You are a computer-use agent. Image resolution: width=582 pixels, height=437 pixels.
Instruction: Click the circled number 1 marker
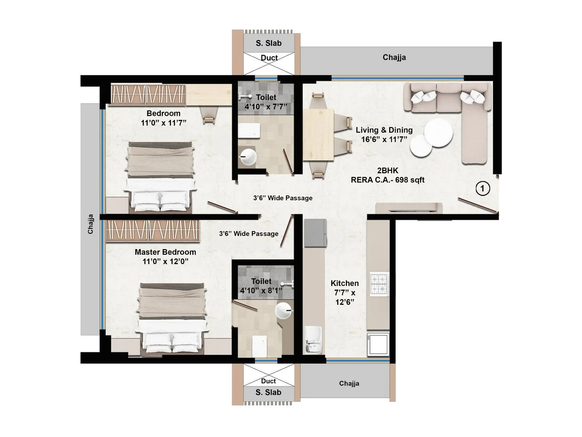pyautogui.click(x=483, y=188)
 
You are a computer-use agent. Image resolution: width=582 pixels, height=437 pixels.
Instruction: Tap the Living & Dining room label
pyautogui.click(x=384, y=130)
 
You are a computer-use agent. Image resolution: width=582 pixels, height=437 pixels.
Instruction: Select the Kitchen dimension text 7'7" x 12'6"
pyautogui.click(x=345, y=297)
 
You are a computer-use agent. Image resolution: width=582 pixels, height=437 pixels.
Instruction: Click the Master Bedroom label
pyautogui.click(x=165, y=252)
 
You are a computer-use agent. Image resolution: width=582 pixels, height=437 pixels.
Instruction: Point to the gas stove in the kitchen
pyautogui.click(x=379, y=283)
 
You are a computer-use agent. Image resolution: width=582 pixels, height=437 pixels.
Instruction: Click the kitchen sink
pyautogui.click(x=313, y=339)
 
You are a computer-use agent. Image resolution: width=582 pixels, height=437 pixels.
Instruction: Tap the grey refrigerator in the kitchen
pyautogui.click(x=315, y=233)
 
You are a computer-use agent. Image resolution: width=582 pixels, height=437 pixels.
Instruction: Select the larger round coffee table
pyautogui.click(x=438, y=133)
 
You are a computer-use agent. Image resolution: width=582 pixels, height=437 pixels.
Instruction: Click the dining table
pyautogui.click(x=318, y=134)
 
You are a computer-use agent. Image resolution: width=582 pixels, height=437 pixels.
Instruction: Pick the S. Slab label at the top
pyautogui.click(x=268, y=43)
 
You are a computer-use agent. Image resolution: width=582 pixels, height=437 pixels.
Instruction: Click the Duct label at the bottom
pyautogui.click(x=268, y=381)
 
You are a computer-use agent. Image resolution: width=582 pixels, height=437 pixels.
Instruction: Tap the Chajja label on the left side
pyautogui.click(x=91, y=224)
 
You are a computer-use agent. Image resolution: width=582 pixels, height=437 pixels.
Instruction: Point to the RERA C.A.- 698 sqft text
pyautogui.click(x=387, y=180)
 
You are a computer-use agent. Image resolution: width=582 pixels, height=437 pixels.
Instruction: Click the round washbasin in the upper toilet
pyautogui.click(x=248, y=157)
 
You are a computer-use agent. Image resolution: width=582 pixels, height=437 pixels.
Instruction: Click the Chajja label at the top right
pyautogui.click(x=394, y=57)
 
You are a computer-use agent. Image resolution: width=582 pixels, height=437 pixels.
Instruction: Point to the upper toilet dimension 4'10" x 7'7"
pyautogui.click(x=266, y=107)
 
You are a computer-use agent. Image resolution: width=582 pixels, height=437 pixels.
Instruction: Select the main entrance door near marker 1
pyautogui.click(x=478, y=205)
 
